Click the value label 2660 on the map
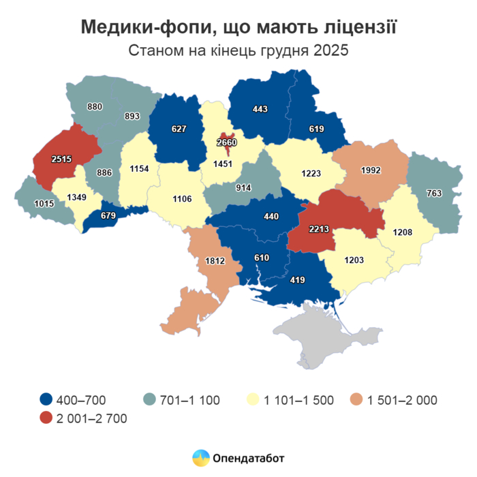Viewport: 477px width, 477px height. tap(228, 142)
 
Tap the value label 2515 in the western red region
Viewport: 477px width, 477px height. tap(65, 159)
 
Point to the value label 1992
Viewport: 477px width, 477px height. tap(371, 170)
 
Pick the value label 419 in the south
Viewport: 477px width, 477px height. tap(297, 279)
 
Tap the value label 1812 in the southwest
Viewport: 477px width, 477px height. tap(205, 261)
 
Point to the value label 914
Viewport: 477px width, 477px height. tap(243, 188)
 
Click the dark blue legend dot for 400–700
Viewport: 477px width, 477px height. tap(46, 400)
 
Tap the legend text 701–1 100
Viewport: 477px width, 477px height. tap(189, 400)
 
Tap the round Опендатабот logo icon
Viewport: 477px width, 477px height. tap(200, 458)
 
